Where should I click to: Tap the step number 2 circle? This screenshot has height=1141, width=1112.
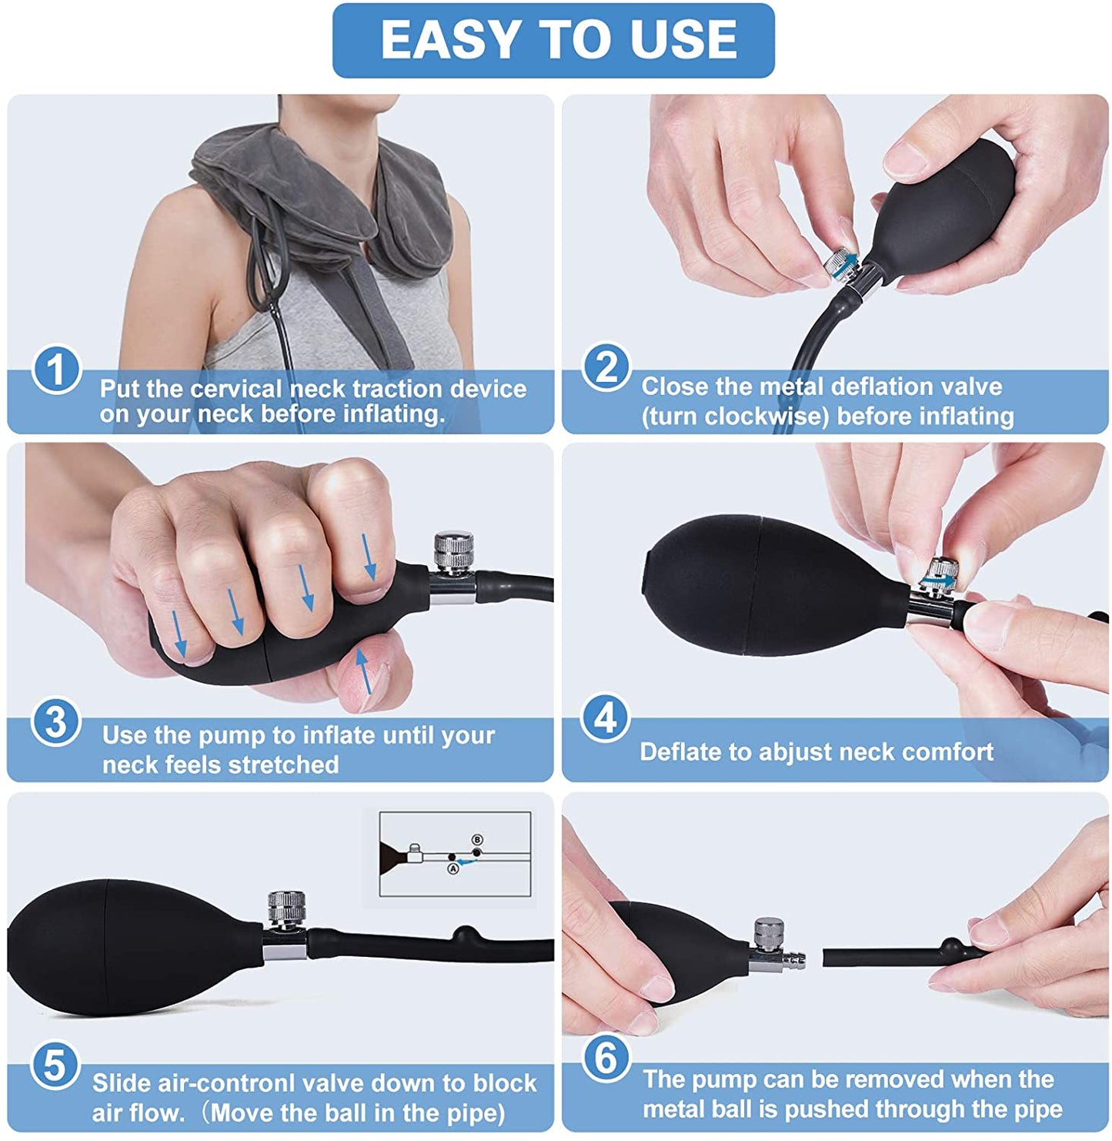pyautogui.click(x=606, y=367)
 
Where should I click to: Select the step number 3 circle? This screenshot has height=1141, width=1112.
pyautogui.click(x=55, y=721)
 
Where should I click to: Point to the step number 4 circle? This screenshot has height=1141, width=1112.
pyautogui.click(x=606, y=718)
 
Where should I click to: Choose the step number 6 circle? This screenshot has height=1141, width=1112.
pyautogui.click(x=606, y=1058)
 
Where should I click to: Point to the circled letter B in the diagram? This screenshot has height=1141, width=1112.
pyautogui.click(x=476, y=840)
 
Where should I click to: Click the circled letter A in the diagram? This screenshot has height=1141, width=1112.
pyautogui.click(x=452, y=869)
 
